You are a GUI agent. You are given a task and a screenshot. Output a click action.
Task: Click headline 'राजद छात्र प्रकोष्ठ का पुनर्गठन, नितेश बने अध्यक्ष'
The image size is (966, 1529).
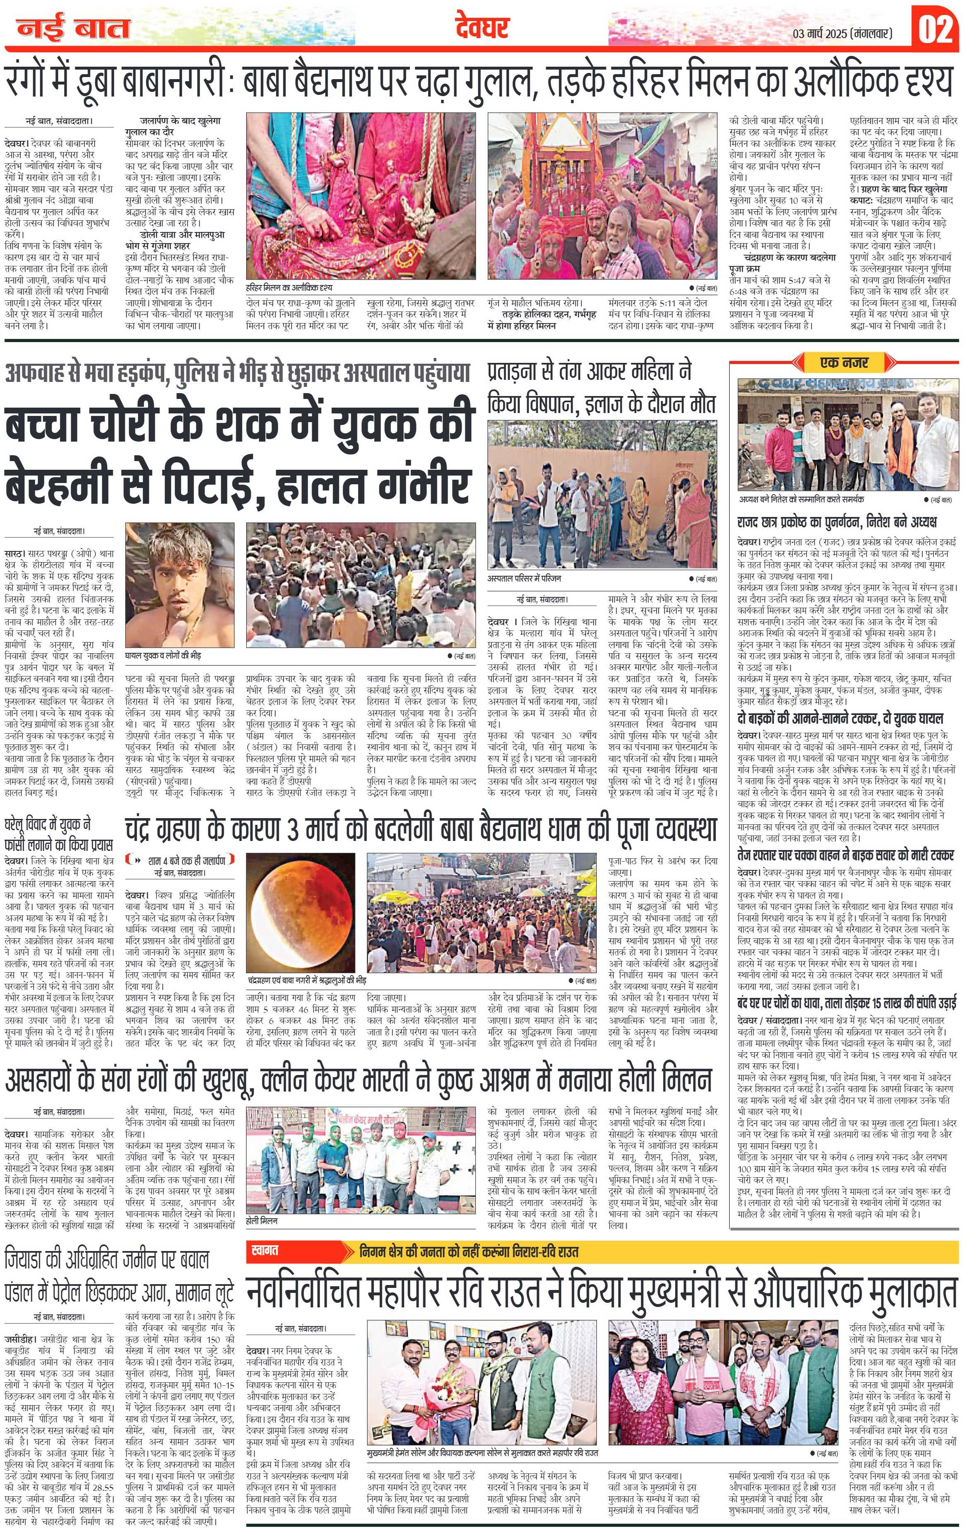836,523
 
